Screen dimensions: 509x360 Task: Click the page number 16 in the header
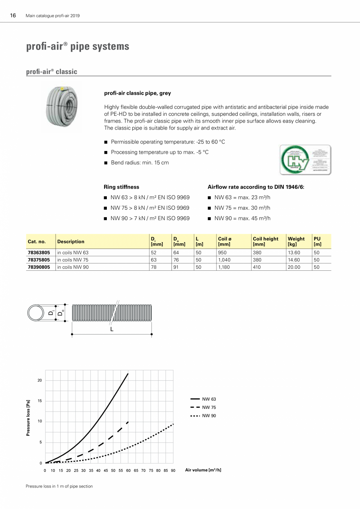pyautogui.click(x=13, y=16)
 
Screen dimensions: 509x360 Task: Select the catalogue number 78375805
pyautogui.click(x=39, y=260)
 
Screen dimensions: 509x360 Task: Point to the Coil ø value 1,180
pyautogui.click(x=224, y=267)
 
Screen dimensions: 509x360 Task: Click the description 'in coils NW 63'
pyautogui.click(x=73, y=253)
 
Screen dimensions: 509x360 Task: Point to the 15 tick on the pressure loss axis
pyautogui.click(x=40, y=401)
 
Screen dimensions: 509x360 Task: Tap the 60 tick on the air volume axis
pyautogui.click(x=128, y=470)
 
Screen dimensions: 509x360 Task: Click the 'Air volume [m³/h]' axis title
pyautogui.click(x=203, y=470)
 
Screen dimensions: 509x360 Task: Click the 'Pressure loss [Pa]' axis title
pyautogui.click(x=28, y=418)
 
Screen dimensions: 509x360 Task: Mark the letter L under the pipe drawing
pyautogui.click(x=112, y=329)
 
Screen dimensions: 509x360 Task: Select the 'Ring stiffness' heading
pyautogui.click(x=121, y=187)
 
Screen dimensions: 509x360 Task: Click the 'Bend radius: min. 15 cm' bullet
pyautogui.click(x=140, y=163)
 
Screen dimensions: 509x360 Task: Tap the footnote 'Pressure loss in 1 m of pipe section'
pyautogui.click(x=59, y=486)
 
